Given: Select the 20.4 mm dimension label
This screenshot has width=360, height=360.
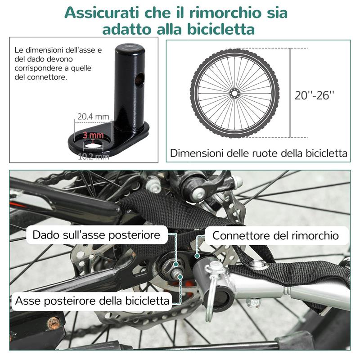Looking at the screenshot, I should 94,117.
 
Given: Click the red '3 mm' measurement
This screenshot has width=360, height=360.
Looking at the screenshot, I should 93,135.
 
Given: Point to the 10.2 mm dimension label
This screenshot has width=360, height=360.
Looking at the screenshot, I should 94,157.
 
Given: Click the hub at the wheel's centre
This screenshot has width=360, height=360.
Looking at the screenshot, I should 234,93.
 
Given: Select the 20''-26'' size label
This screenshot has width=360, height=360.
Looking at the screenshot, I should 315,95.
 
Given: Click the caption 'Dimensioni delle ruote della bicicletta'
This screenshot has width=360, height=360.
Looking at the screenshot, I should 259,153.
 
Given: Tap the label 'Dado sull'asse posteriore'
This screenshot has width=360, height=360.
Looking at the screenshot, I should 97,235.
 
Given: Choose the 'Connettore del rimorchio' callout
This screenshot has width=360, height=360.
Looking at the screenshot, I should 275,235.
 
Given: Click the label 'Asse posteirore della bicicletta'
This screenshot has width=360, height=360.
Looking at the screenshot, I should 92,301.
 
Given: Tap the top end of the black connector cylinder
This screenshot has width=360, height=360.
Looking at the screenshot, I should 130,47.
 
